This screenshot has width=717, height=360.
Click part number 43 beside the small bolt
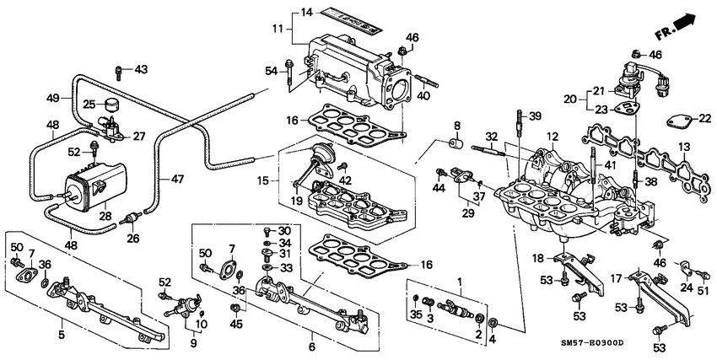click(x=140, y=69)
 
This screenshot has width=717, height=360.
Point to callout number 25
click(x=89, y=105)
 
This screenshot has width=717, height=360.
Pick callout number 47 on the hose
click(x=176, y=180)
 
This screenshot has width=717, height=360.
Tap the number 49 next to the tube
click(x=52, y=98)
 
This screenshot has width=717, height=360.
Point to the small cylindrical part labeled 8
click(x=460, y=143)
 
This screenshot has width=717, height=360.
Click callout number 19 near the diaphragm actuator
click(x=295, y=200)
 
